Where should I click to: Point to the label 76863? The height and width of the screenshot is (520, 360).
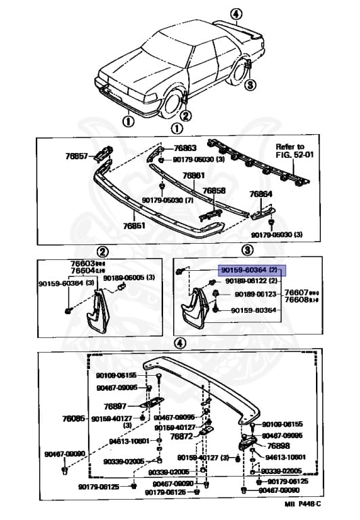pos(184,148)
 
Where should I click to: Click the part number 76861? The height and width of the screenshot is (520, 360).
pos(194,176)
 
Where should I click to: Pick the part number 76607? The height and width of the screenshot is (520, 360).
pos(296,292)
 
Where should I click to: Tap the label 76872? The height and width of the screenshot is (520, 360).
pos(181,437)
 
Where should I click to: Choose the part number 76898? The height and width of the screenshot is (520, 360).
pos(277,446)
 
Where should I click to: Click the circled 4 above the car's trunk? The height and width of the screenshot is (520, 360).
pos(235,14)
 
